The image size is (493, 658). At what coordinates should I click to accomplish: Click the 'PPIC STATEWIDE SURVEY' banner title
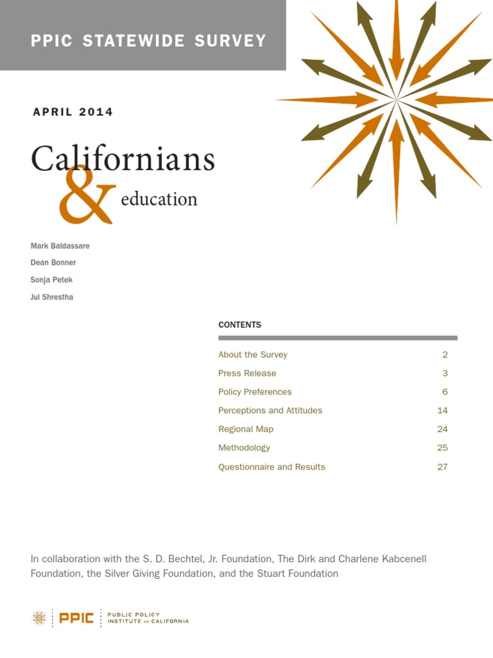point(148,41)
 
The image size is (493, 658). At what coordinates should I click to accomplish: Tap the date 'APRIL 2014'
point(73,112)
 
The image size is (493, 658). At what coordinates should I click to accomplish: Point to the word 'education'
point(159,199)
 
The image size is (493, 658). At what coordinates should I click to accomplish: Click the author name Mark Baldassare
point(60,246)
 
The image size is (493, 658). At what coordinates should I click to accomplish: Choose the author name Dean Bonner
point(53,263)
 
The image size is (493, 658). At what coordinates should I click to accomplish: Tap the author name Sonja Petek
point(51,280)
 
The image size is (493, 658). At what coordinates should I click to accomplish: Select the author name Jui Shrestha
point(52,297)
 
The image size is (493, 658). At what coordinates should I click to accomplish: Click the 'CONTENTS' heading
point(239,325)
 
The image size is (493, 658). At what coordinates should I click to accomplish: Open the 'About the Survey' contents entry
point(253,355)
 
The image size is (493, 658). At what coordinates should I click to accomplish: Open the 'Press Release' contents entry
point(247,373)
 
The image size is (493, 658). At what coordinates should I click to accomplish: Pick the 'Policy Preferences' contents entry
point(255,392)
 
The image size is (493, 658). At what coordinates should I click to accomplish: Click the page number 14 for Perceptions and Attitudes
point(442,411)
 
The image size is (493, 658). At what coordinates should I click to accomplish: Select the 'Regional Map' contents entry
point(246,429)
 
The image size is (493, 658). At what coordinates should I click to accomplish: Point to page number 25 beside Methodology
point(442,448)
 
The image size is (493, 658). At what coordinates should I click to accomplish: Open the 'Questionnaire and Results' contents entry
point(272,467)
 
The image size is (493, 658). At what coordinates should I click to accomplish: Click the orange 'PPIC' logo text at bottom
point(76,618)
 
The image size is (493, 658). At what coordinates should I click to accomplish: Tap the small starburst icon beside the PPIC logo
point(40,618)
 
